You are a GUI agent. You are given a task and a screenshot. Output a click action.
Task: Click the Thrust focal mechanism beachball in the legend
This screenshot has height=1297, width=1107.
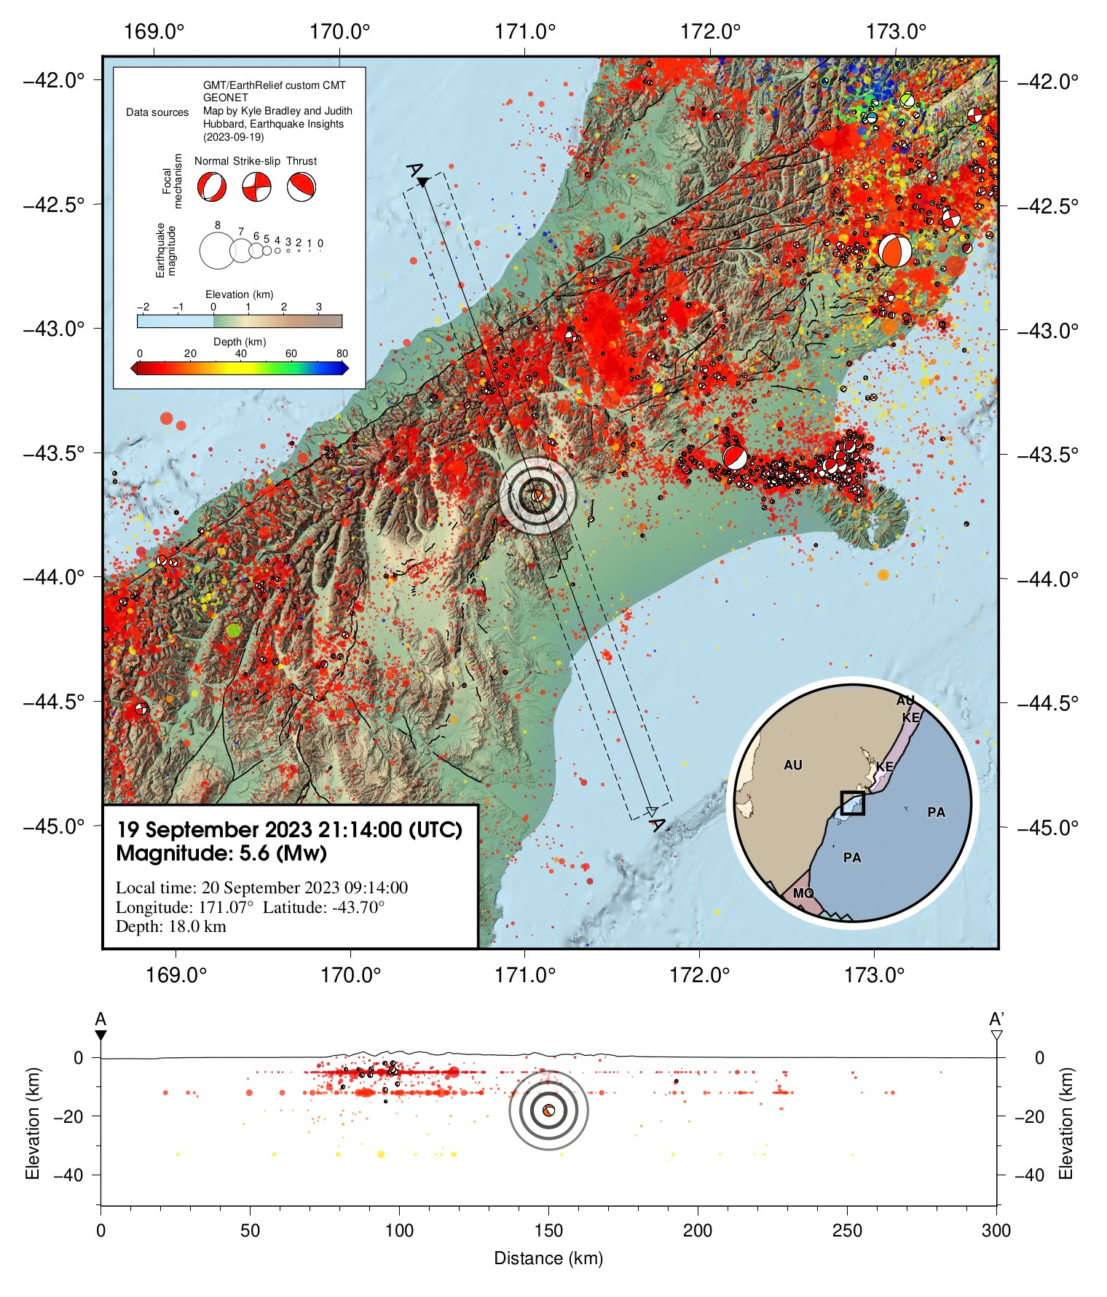point(301,187)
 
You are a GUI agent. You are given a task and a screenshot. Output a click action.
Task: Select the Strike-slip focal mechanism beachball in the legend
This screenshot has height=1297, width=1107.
point(256,187)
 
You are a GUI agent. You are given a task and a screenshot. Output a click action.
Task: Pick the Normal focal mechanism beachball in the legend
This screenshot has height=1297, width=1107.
point(211,187)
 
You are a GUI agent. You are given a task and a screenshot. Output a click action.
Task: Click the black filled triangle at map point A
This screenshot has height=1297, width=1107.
point(422,182)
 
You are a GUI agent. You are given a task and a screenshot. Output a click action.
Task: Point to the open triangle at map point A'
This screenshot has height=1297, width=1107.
point(652,811)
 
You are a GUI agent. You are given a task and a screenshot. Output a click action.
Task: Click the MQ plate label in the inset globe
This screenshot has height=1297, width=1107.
point(803,893)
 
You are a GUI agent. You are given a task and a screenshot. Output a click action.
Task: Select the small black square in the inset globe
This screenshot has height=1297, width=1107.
point(852,802)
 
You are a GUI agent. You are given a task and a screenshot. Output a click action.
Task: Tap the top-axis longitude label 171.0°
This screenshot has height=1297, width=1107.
point(524,32)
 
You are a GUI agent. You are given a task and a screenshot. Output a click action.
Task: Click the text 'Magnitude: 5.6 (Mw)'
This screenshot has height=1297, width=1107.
point(221,853)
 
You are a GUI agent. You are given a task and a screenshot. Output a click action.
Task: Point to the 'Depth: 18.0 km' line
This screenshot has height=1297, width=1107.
point(171,927)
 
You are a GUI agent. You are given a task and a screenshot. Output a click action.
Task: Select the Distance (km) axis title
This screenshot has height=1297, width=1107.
point(548,1258)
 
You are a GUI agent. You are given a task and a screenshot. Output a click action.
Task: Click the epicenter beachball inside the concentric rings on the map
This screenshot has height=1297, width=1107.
point(537,495)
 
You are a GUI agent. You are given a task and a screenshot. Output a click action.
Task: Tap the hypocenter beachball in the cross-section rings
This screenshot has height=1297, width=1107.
point(548,1110)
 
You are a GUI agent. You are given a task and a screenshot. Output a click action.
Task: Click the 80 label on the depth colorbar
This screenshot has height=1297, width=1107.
point(342,353)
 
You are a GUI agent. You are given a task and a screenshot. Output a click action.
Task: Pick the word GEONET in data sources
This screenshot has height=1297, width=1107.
point(225,98)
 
